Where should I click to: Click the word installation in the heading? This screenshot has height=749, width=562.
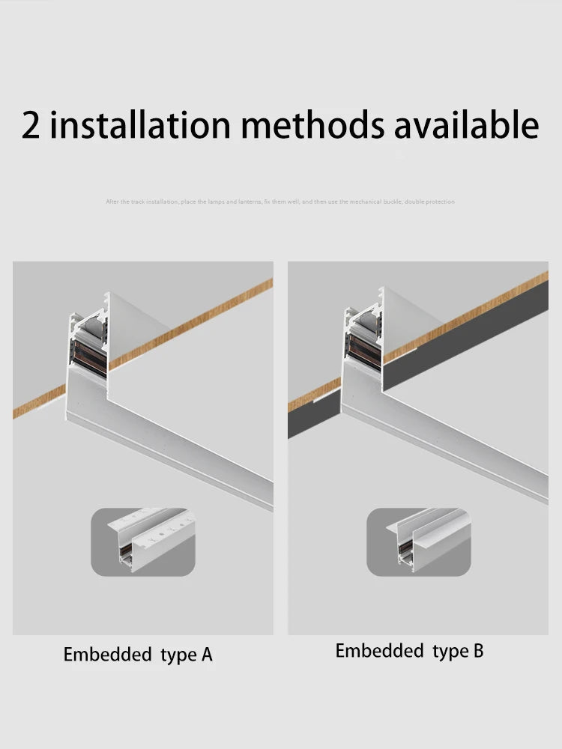pos(141,125)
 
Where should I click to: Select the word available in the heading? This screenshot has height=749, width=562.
pos(466,125)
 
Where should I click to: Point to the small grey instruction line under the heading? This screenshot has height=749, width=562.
pos(280,201)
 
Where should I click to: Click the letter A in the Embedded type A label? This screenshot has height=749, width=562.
pos(207,655)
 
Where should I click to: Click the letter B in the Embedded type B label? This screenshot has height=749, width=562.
pos(478,652)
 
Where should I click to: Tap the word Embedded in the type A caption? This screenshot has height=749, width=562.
pos(107,655)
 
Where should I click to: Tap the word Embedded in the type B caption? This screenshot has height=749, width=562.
pos(379,652)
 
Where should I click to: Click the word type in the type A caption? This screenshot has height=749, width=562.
pos(178,655)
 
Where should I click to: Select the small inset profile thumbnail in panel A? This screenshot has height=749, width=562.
pos(143,542)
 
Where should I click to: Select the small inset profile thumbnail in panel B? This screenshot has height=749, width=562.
pos(418,542)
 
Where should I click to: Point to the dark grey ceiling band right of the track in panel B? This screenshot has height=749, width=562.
pos(465,330)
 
